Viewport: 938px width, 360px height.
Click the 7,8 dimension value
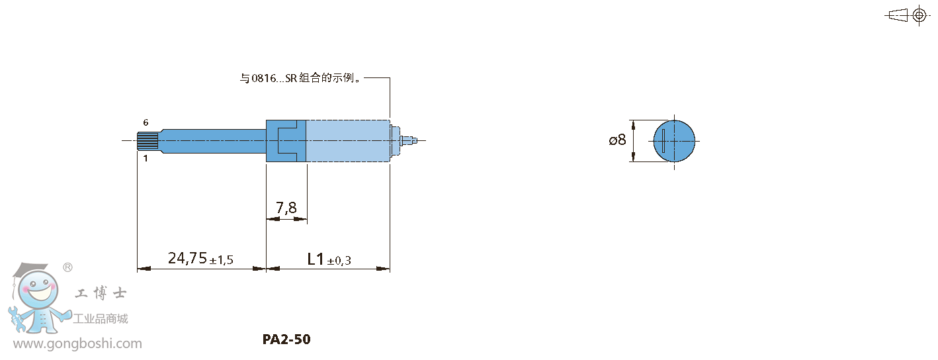pos(286,207)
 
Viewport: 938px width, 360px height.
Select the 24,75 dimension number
pos(188,258)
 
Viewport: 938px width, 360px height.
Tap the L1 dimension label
pos(316,259)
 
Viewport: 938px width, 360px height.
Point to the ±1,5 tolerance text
pos(222,260)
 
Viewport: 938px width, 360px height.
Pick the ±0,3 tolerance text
pos(339,261)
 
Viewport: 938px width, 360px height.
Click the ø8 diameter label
pos(618,140)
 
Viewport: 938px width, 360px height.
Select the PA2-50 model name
pos(286,339)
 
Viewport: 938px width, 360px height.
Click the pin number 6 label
pos(146,122)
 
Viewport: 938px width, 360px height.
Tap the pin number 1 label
pos(146,158)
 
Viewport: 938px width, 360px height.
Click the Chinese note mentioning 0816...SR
pos(300,78)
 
